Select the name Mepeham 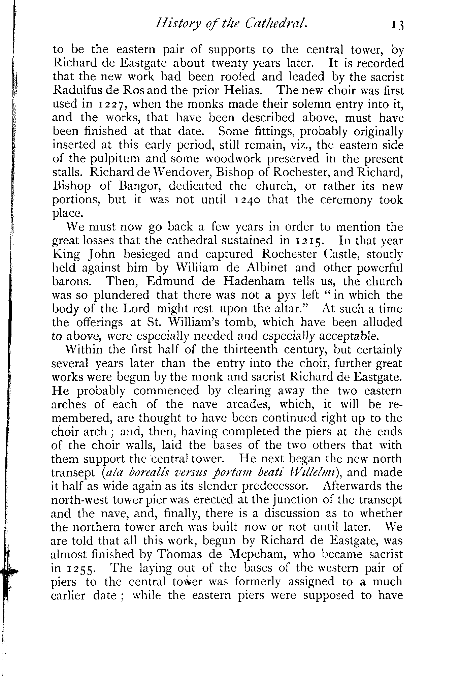click(252, 555)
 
